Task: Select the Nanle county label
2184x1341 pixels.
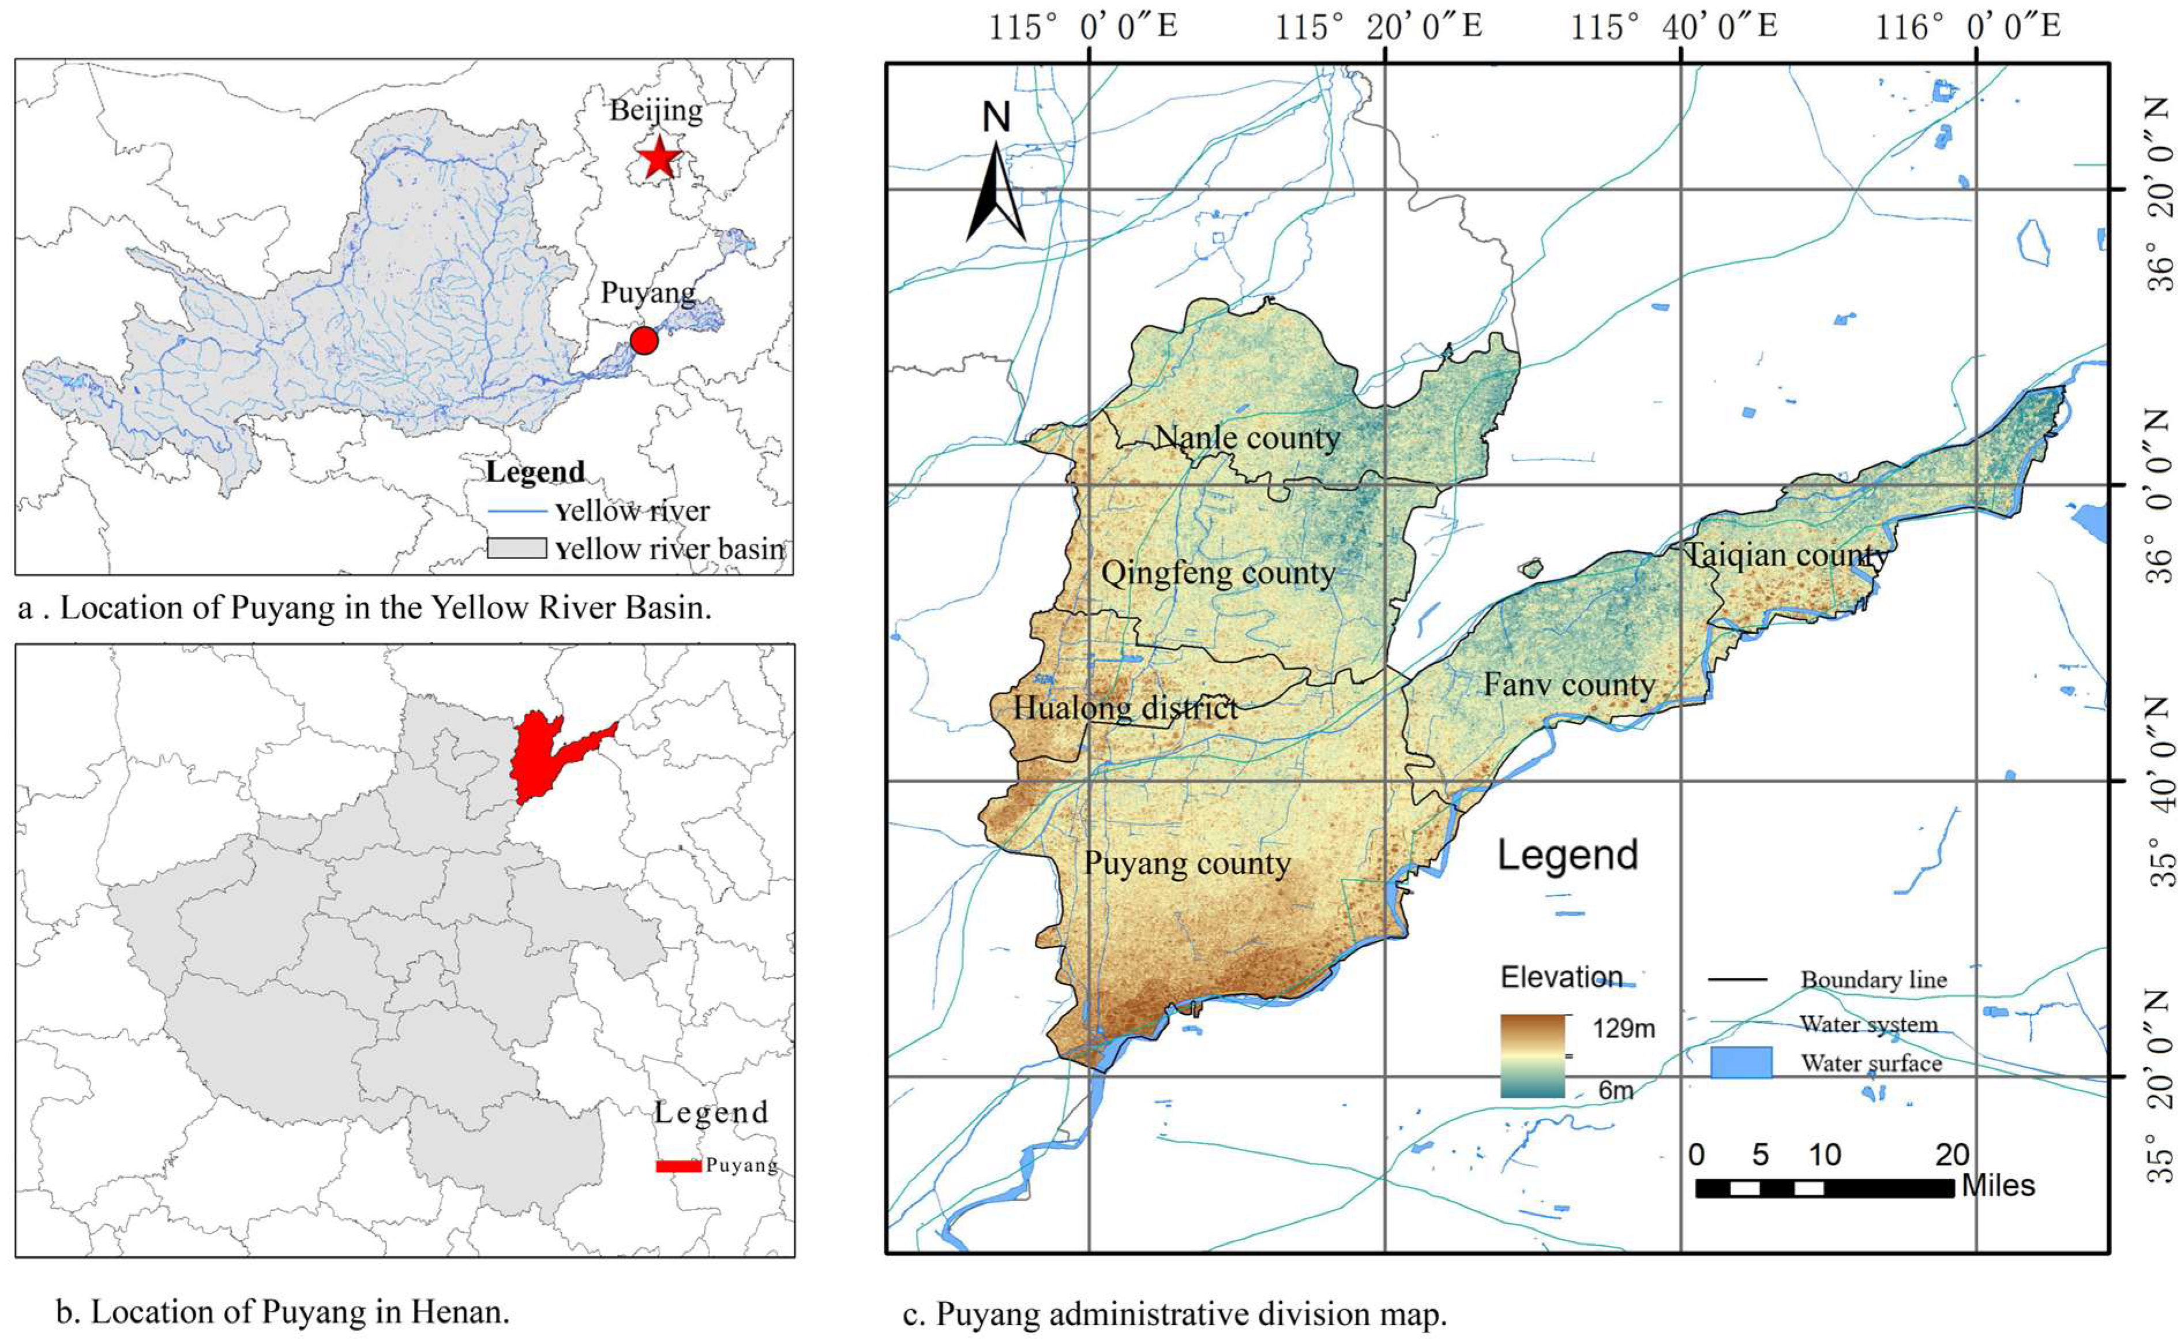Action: [1247, 437]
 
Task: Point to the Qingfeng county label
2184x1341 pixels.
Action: [1218, 573]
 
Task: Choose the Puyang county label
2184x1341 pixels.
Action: [1187, 863]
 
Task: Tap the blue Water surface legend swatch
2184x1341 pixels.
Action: [1740, 1062]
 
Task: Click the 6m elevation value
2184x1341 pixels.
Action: [1616, 1090]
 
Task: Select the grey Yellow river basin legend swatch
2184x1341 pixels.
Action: [516, 548]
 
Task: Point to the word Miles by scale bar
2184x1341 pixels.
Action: [1999, 1186]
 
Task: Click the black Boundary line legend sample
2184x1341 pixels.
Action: [1738, 979]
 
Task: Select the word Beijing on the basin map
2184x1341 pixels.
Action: [656, 110]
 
